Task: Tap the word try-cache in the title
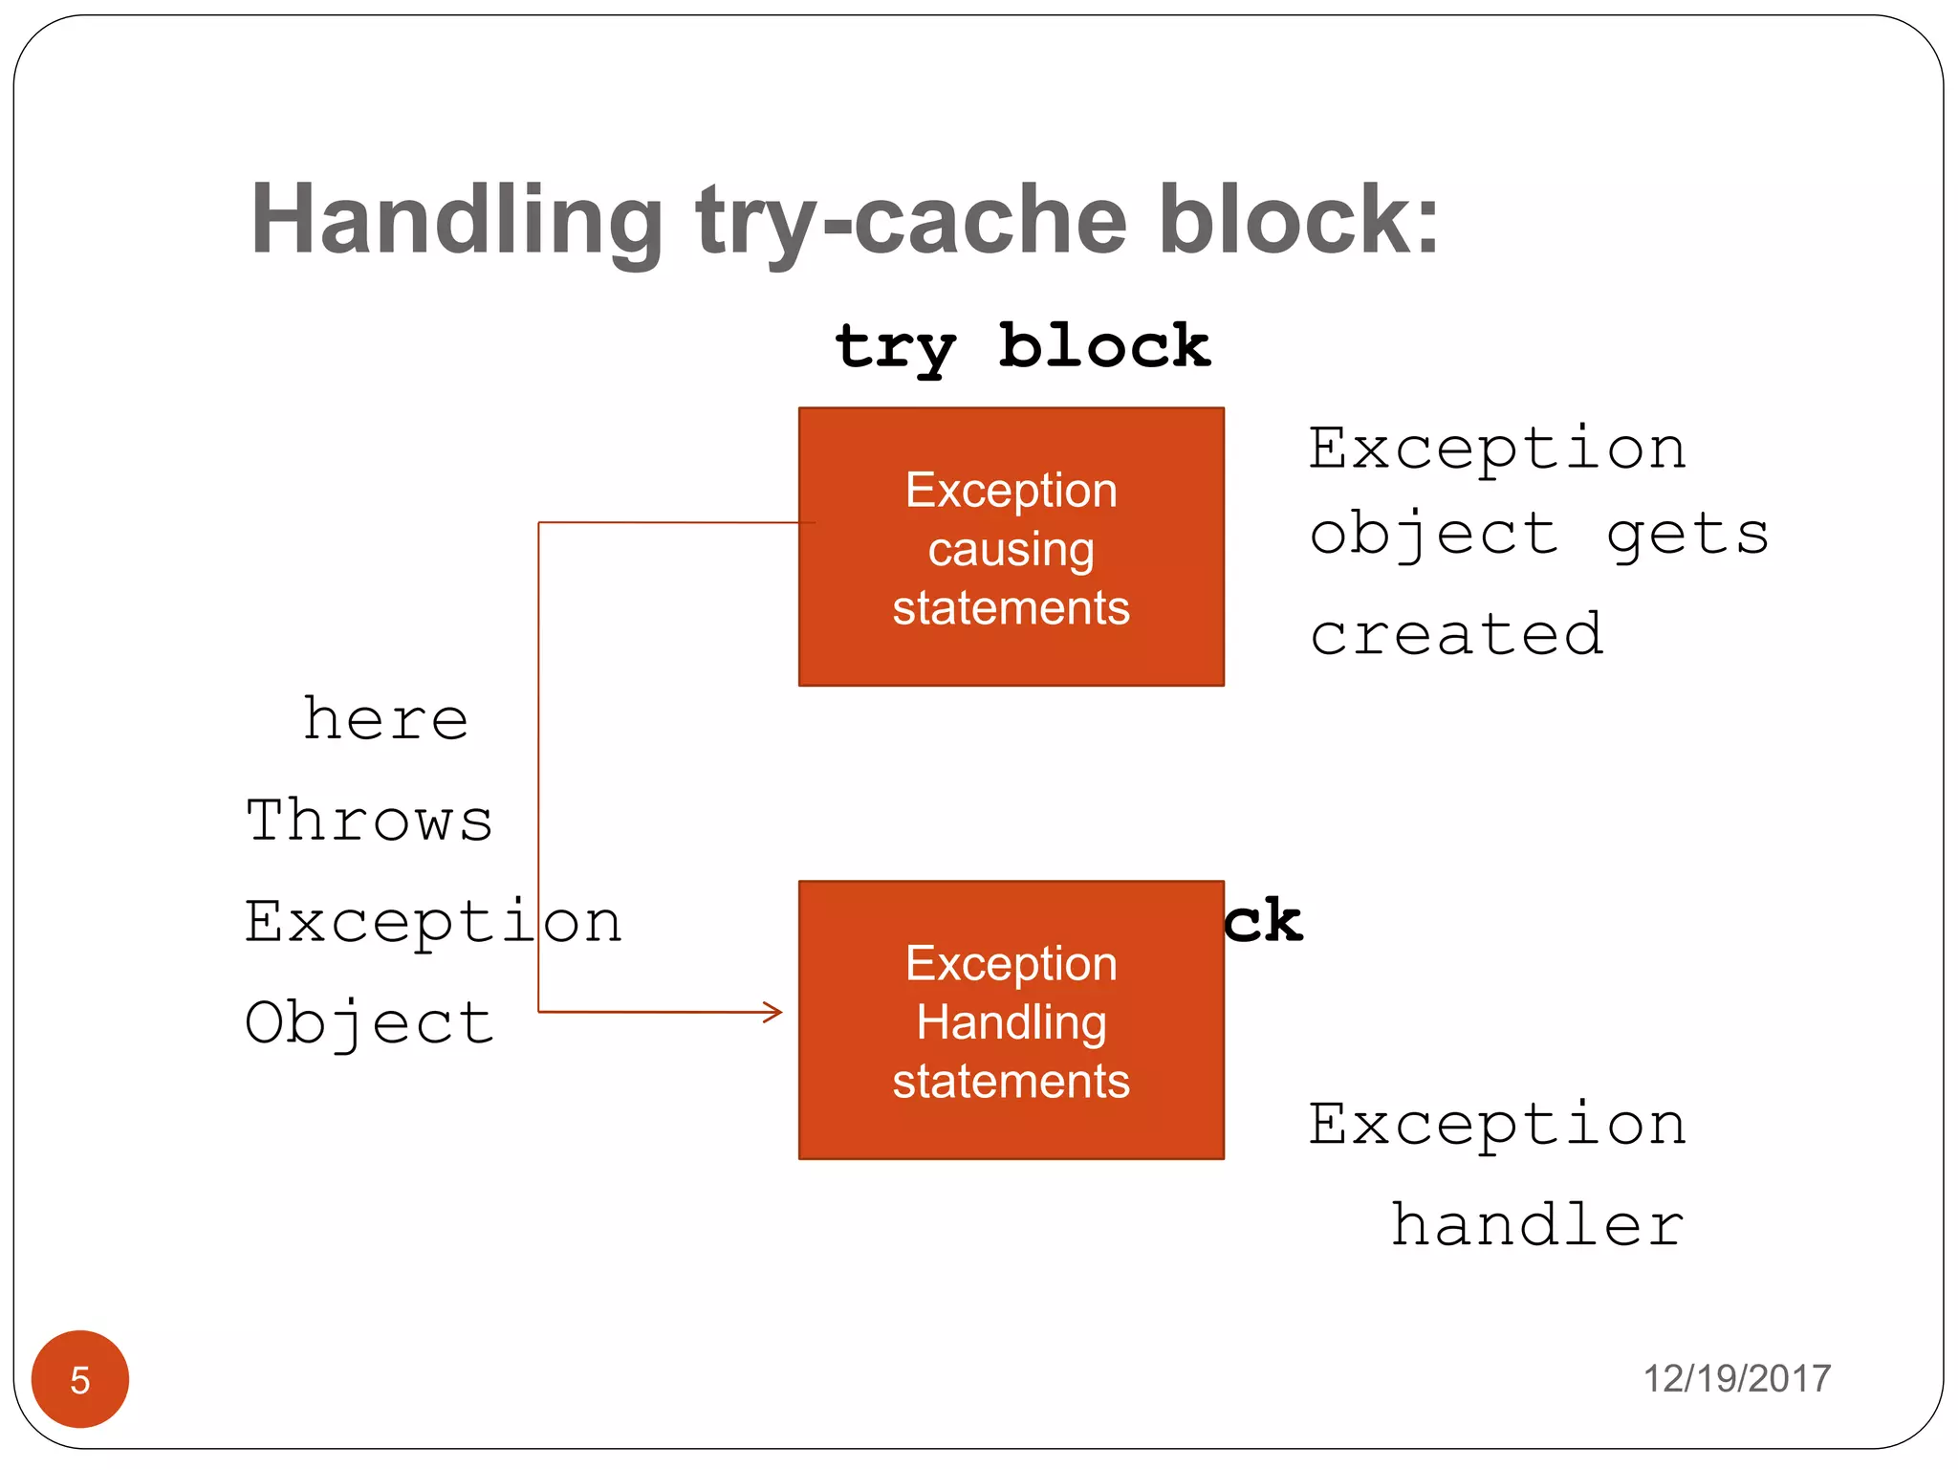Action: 912,222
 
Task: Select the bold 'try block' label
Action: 1022,346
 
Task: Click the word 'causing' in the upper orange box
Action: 1011,550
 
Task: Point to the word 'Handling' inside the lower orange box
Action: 1011,1022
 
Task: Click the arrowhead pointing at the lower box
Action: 773,1012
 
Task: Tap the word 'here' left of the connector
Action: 385,719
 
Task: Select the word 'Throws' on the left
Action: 369,821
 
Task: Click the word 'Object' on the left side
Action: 369,1023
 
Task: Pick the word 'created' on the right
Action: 1456,634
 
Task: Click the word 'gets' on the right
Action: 1687,535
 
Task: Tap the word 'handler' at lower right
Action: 1536,1225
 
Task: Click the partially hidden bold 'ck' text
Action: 1264,922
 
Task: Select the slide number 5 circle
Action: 80,1379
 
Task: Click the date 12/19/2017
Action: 1736,1379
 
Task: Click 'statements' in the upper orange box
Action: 1011,608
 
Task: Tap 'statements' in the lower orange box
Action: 1011,1082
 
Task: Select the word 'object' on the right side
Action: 1434,535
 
